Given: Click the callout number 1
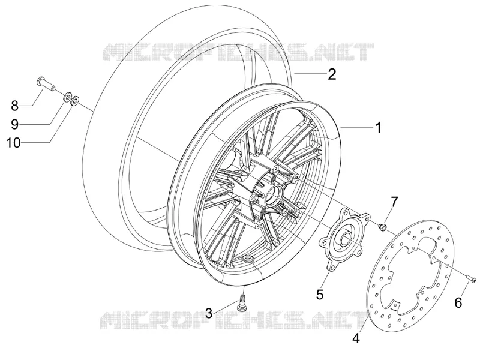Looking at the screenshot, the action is (x=379, y=127).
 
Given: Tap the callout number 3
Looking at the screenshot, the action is (x=209, y=313).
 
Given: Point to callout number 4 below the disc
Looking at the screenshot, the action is (x=356, y=338).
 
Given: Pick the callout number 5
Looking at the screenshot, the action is (x=320, y=295).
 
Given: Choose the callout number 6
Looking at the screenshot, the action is (x=458, y=303).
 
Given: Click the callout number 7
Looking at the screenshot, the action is (x=394, y=202).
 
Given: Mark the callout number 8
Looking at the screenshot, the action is (x=14, y=106).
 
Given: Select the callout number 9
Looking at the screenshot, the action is (x=14, y=124).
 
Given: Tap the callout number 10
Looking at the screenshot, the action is (x=14, y=143).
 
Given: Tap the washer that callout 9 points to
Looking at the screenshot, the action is (x=67, y=97).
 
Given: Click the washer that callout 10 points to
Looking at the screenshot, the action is (x=74, y=101).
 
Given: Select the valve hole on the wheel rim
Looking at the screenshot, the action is (x=248, y=260).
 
